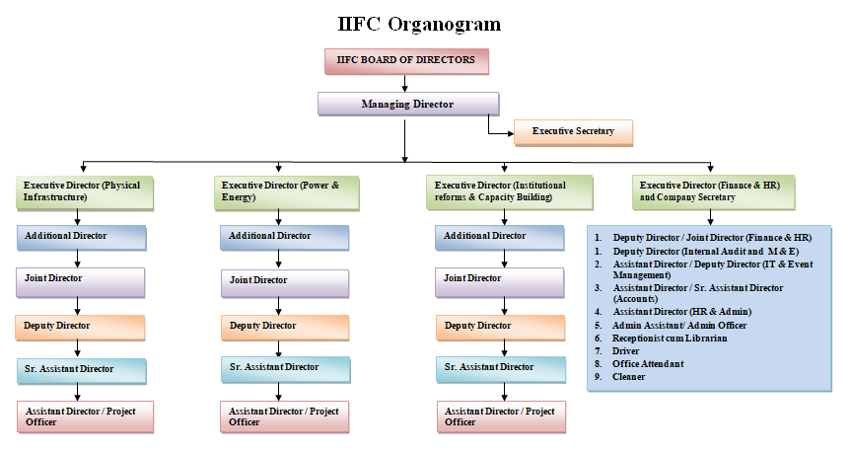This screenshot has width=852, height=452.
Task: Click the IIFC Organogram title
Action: pyautogui.click(x=419, y=25)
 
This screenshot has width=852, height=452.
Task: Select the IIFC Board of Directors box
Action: pyautogui.click(x=406, y=61)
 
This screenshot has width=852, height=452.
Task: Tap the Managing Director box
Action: pyautogui.click(x=408, y=104)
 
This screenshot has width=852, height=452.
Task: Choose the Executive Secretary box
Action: pyautogui.click(x=573, y=132)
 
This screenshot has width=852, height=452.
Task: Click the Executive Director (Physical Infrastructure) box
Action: pyautogui.click(x=85, y=192)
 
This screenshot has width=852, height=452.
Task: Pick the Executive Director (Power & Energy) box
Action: pyautogui.click(x=286, y=192)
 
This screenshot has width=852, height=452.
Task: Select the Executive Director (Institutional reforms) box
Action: pyautogui.click(x=509, y=192)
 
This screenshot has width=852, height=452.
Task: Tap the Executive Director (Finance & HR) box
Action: pyautogui.click(x=713, y=192)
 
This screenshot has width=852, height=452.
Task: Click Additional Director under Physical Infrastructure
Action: pyautogui.click(x=82, y=238)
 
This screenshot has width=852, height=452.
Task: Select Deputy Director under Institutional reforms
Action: pyautogui.click(x=500, y=328)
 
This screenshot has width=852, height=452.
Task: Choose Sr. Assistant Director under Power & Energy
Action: pyautogui.click(x=285, y=369)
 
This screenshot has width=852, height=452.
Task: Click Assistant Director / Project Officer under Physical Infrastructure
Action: pyautogui.click(x=86, y=416)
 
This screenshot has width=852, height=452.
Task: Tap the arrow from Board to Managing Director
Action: pyautogui.click(x=405, y=83)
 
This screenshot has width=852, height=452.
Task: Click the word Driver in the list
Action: pyautogui.click(x=625, y=350)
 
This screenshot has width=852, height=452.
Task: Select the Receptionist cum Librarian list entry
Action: pyautogui.click(x=669, y=338)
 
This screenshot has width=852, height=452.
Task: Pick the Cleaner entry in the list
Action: pyautogui.click(x=629, y=376)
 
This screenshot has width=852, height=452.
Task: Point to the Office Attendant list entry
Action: pyautogui.click(x=648, y=364)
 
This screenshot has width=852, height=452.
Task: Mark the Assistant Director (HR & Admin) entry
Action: pyautogui.click(x=682, y=312)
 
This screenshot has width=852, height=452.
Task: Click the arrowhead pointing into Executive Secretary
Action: pyautogui.click(x=510, y=133)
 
